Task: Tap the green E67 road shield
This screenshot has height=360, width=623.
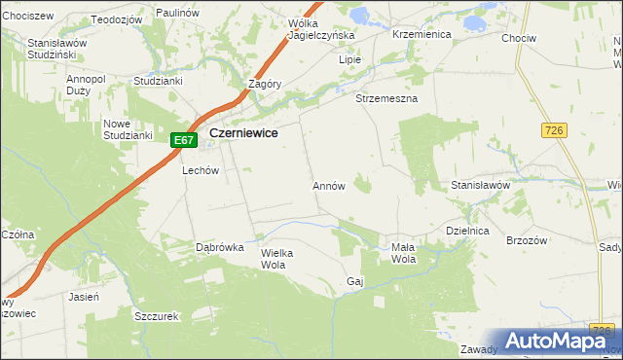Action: point(185,140)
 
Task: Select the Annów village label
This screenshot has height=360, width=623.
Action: point(329,185)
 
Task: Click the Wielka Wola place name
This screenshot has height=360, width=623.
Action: point(277,258)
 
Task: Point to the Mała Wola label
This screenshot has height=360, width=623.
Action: point(403,253)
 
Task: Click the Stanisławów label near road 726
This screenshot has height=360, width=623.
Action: point(481,185)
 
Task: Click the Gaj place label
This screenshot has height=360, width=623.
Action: point(354,282)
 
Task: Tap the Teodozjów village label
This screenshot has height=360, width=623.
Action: point(116,19)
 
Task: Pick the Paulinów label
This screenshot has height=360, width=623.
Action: point(177,11)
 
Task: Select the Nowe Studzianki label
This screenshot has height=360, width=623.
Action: point(128,129)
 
